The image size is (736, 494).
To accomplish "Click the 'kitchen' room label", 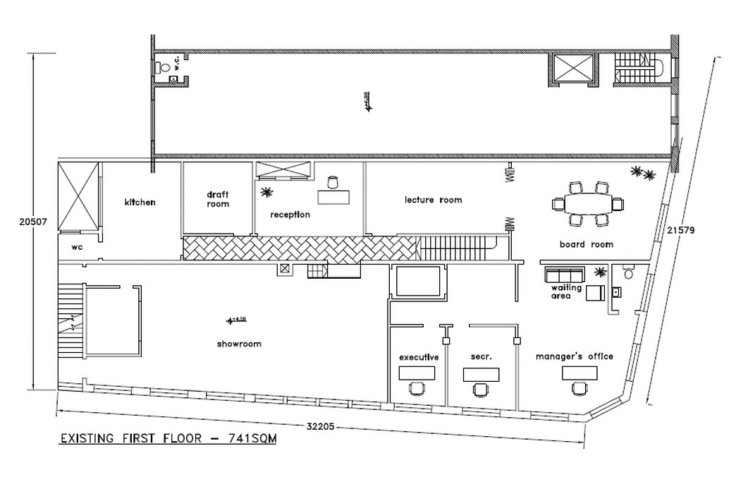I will tap(140, 203).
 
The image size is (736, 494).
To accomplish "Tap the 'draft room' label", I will tap(218, 199).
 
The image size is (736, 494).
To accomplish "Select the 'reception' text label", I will tap(290, 215).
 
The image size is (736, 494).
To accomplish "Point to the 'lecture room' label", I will tap(433, 200).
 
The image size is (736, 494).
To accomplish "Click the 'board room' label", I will tap(586, 245).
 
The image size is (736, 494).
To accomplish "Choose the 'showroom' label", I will tap(240, 344).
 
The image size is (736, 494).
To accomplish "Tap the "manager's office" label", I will tap(574, 356).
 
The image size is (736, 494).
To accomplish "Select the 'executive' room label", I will tap(419, 357).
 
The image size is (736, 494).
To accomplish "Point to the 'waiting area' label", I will tap(566, 292).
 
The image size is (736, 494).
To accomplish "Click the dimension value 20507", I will tap(32, 221).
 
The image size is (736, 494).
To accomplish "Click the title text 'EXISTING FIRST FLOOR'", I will tap(137, 438).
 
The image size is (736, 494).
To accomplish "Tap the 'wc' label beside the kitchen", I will tap(78, 248).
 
